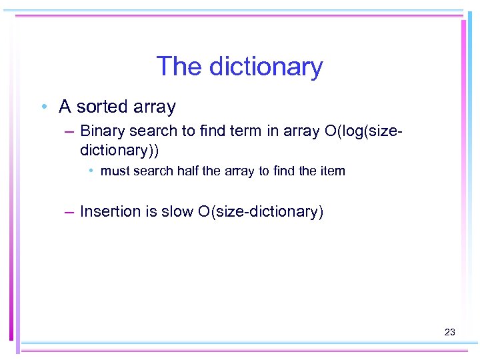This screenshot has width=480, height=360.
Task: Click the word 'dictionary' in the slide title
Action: point(265,67)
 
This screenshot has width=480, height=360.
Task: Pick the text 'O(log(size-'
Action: point(364,131)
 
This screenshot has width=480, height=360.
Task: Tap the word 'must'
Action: point(115,171)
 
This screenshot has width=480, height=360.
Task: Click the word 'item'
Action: point(333,171)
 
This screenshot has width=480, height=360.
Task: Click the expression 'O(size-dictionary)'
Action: point(261,212)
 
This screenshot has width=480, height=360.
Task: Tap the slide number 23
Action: point(449,332)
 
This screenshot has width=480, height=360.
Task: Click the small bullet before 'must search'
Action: point(91,171)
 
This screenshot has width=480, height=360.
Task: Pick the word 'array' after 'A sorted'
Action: point(155,107)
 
